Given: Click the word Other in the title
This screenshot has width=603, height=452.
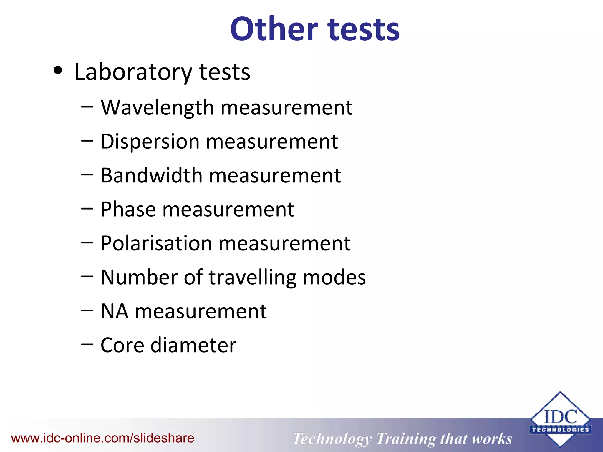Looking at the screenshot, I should click(274, 29).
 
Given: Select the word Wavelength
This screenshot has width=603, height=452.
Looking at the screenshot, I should click(158, 108).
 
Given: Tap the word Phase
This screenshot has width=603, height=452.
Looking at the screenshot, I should click(128, 210).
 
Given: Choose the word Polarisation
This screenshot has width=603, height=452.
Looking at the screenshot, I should click(156, 243).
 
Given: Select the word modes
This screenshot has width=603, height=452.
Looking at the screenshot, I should click(334, 277).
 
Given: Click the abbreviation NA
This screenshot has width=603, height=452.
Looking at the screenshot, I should click(115, 311).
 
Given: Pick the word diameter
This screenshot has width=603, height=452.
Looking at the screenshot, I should click(193, 345).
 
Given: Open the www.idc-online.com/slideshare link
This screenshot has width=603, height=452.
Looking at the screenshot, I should click(102, 438).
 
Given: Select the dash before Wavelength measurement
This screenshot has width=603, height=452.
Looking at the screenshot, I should click(87, 107).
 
